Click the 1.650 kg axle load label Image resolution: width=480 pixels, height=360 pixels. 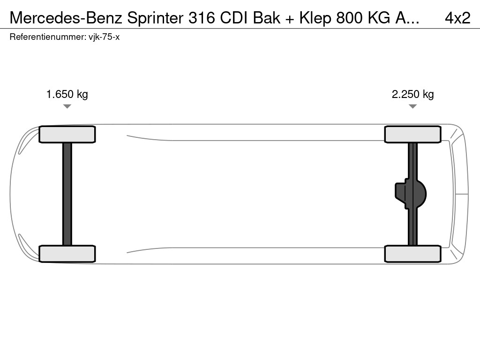click(x=67, y=94)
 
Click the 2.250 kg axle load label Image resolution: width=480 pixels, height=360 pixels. click(x=412, y=94)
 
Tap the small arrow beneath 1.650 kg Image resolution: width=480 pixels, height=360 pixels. click(x=67, y=106)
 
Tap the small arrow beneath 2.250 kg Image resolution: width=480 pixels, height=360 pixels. click(x=412, y=106)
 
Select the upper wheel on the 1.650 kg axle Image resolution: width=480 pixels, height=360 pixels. click(x=67, y=135)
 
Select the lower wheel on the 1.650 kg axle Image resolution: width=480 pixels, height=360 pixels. click(x=67, y=254)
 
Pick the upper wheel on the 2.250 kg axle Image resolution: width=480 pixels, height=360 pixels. click(x=412, y=135)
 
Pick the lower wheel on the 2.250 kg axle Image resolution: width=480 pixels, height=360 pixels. click(x=412, y=254)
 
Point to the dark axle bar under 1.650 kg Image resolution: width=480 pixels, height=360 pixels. click(x=67, y=194)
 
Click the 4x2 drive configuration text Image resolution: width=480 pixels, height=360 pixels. click(x=457, y=18)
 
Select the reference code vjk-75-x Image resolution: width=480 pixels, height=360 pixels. click(x=104, y=37)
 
